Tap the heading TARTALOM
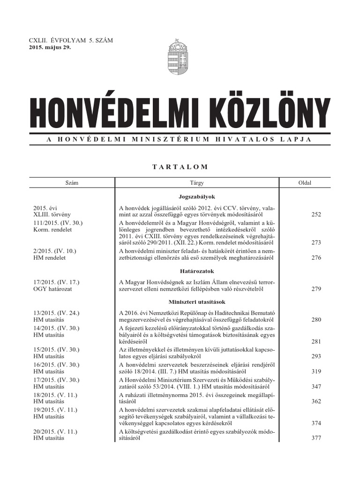(x=180, y=166)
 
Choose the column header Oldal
(x=305, y=183)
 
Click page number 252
(x=316, y=214)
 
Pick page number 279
(x=316, y=289)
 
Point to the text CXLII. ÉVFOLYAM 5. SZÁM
(x=71, y=41)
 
